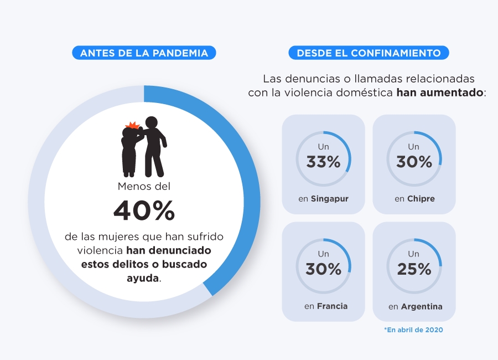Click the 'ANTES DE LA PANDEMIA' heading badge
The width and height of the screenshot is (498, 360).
pyautogui.click(x=144, y=53)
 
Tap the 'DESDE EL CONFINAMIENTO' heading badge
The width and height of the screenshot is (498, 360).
pyautogui.click(x=369, y=53)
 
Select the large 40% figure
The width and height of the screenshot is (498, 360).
pyautogui.click(x=144, y=210)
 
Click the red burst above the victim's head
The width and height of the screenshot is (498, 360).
pyautogui.click(x=132, y=125)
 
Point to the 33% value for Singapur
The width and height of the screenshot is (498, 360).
pyautogui.click(x=323, y=162)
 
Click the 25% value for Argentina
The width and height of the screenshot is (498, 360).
pyautogui.click(x=414, y=269)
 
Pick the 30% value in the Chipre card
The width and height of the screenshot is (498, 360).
pyautogui.click(x=414, y=162)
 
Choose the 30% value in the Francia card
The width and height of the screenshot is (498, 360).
pyautogui.click(x=323, y=269)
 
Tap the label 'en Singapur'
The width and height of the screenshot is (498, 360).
pyautogui.click(x=323, y=199)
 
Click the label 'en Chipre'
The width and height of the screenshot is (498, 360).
pyautogui.click(x=414, y=199)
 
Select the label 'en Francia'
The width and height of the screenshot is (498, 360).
pyautogui.click(x=325, y=306)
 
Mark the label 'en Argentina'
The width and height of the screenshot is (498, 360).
pyautogui.click(x=415, y=306)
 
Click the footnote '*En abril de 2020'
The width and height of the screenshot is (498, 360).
pyautogui.click(x=413, y=330)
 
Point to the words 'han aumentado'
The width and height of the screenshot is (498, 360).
pyautogui.click(x=440, y=92)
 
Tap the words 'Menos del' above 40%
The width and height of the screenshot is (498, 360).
pyautogui.click(x=144, y=187)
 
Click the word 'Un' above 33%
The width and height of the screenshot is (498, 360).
pyautogui.click(x=323, y=147)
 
